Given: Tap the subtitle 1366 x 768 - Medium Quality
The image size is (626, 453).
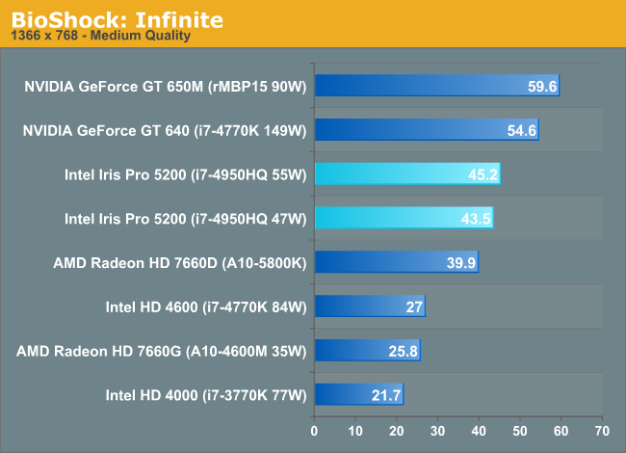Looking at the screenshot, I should (100, 36).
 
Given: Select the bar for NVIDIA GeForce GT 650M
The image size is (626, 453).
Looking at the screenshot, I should (436, 86).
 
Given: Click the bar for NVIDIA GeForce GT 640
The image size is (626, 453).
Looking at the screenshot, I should (426, 129).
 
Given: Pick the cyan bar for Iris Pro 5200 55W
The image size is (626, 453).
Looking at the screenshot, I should (406, 173).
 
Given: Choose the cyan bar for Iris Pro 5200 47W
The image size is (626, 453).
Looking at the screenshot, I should (404, 218).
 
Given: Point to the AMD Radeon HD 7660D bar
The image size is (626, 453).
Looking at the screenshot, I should (396, 262).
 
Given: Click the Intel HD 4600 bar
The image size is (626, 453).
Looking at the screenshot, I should (369, 306).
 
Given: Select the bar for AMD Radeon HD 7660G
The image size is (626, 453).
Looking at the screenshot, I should (367, 350).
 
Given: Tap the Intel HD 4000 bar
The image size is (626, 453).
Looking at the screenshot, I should (358, 394).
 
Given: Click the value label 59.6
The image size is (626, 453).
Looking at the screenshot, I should (542, 87).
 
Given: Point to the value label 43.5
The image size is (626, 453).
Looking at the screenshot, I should (476, 219).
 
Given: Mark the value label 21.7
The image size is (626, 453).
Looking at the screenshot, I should (386, 395).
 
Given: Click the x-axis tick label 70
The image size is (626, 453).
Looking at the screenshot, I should (603, 429).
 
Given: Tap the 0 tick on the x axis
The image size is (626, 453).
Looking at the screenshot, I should (314, 429).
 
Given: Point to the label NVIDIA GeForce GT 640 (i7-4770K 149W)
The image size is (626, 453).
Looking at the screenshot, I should (164, 130).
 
